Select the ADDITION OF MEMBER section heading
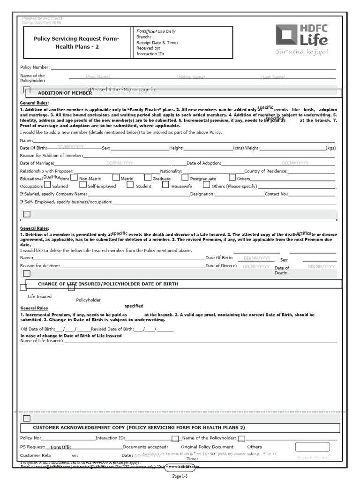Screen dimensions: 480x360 (x=65, y=93)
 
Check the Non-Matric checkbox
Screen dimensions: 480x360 (x=74, y=178)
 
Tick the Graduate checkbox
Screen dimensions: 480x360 (x=148, y=178)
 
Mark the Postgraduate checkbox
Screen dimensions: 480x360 (x=185, y=178)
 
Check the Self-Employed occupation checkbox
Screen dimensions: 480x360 (x=82, y=185)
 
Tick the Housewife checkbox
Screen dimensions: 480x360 (x=165, y=185)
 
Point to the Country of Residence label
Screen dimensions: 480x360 (x=265, y=171)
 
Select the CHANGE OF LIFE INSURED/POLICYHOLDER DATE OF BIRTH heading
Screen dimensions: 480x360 (x=108, y=284)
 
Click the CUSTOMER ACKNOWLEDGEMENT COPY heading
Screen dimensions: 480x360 (x=139, y=427)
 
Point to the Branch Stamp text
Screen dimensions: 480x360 (x=313, y=457)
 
